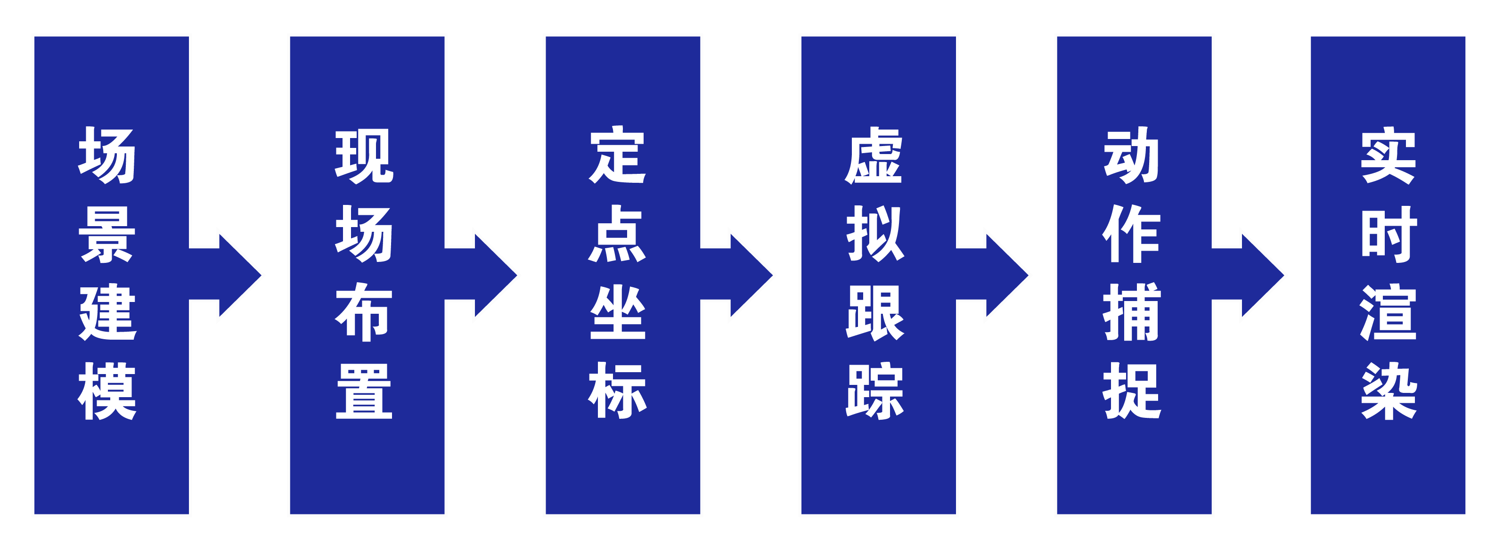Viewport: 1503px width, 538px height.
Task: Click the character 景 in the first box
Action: coord(107,235)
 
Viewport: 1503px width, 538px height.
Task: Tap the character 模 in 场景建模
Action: coord(107,391)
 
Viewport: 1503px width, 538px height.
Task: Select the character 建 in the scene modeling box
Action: coord(107,312)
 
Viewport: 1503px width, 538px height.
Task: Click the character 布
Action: coord(363,312)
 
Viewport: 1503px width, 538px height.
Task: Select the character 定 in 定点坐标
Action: coord(617,155)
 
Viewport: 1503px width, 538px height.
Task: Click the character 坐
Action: coord(618,312)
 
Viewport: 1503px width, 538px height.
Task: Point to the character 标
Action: coord(617,391)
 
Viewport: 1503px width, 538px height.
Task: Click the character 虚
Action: coord(874,155)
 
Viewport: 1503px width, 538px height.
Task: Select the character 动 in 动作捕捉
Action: coord(1131,155)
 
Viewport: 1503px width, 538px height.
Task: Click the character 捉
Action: coord(1131,391)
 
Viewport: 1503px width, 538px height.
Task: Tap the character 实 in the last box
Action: coord(1388,155)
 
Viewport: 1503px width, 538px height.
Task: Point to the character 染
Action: coord(1388,391)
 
